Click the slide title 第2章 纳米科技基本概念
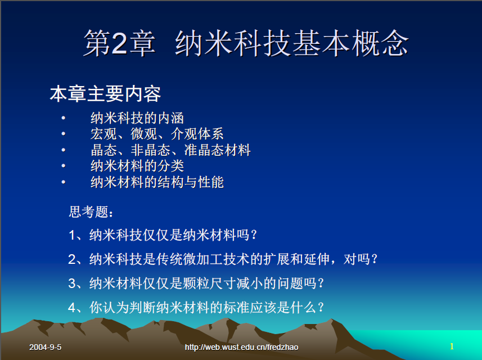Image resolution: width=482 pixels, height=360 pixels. [x=246, y=43]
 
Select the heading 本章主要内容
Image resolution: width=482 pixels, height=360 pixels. [x=105, y=94]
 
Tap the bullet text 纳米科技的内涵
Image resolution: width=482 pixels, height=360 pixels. [x=137, y=118]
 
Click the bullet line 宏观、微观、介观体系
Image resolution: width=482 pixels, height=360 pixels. [x=157, y=134]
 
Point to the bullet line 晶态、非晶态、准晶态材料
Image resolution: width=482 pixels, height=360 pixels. [x=170, y=150]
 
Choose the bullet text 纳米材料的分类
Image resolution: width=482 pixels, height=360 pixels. [x=137, y=166]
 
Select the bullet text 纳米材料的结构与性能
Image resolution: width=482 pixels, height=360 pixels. [x=157, y=182]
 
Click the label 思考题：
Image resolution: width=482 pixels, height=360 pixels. [x=91, y=212]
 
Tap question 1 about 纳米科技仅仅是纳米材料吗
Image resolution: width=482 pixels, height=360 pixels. [x=163, y=235]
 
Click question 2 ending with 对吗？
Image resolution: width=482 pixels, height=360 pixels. [x=223, y=259]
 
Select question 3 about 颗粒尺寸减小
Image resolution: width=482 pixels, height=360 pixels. [x=196, y=283]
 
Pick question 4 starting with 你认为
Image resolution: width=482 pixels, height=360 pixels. [x=196, y=307]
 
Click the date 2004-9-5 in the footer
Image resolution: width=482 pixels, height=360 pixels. [x=45, y=347]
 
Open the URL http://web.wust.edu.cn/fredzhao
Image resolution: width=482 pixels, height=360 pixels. [x=242, y=347]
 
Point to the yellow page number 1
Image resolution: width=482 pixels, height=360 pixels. [x=452, y=346]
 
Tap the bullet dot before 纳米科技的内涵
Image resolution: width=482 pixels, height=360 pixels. [x=64, y=118]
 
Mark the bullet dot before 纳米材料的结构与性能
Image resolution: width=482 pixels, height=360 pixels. [x=64, y=182]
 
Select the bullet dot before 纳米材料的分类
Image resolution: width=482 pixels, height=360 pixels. [x=64, y=166]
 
